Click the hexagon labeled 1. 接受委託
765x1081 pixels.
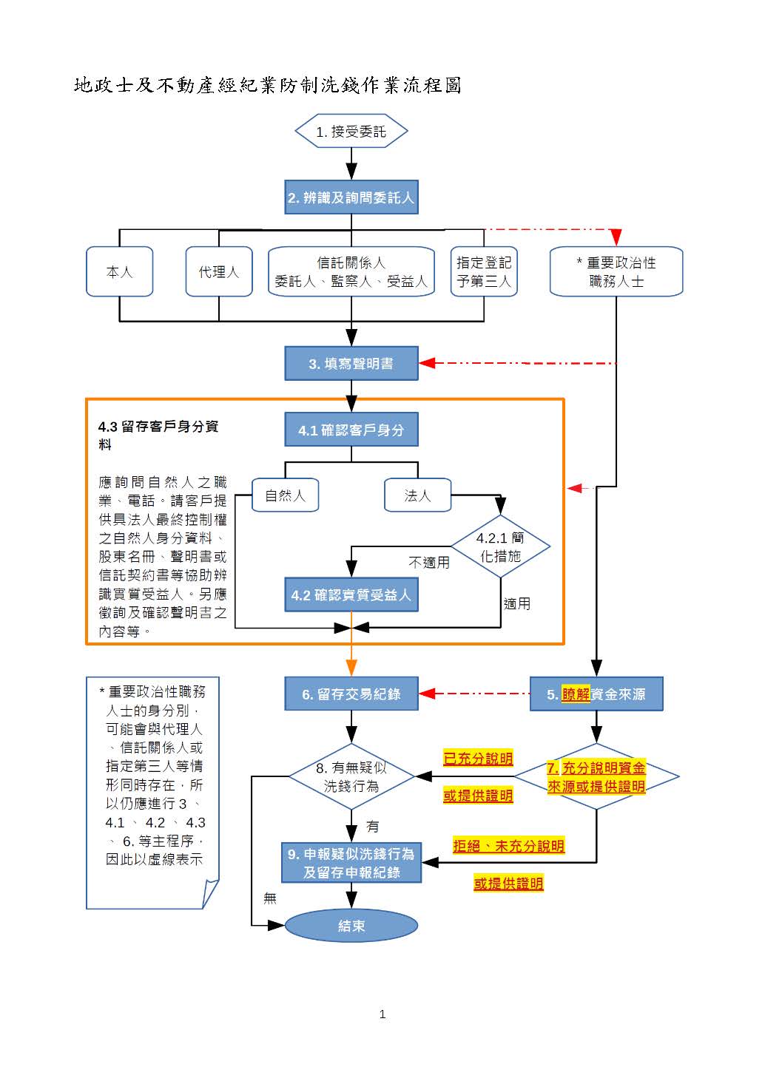(x=351, y=132)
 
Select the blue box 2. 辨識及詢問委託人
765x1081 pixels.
(x=351, y=197)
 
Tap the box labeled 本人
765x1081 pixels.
(x=119, y=272)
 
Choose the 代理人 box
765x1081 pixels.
(x=219, y=272)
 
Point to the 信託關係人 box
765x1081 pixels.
(x=351, y=272)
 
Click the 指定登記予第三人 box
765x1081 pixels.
(x=484, y=272)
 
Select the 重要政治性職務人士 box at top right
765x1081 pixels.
(x=616, y=272)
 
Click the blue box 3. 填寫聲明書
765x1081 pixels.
(x=351, y=364)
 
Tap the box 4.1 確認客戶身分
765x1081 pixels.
(x=351, y=430)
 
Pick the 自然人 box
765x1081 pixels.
(x=285, y=495)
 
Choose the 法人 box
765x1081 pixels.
(x=418, y=495)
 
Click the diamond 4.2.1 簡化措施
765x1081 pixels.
(x=501, y=547)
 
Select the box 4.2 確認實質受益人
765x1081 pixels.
(x=351, y=595)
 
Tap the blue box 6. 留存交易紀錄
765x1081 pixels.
(x=351, y=694)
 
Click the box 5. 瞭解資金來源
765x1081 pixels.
(x=596, y=694)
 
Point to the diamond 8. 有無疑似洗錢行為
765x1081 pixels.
(x=351, y=776)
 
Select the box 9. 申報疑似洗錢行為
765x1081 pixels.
(x=351, y=863)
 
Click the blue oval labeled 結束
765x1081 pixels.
(x=351, y=926)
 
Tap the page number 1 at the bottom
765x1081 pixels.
(x=382, y=1014)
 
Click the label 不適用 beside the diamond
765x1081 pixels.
(x=429, y=563)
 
